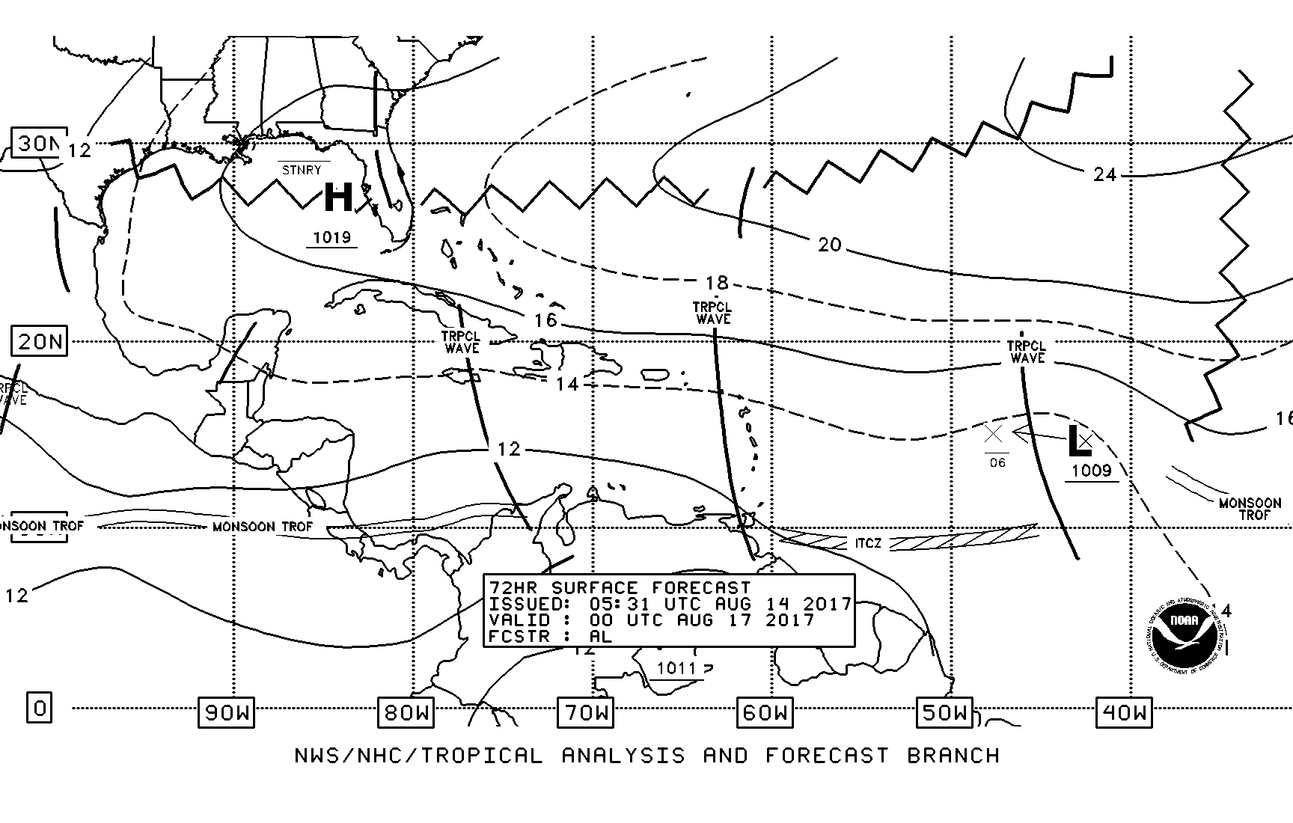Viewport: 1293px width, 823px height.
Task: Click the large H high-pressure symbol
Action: click(338, 198)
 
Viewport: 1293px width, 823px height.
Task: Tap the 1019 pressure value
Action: click(331, 238)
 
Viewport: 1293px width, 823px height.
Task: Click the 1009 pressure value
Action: click(1092, 471)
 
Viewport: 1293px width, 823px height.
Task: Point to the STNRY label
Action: click(302, 170)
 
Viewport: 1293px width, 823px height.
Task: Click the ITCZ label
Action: click(868, 542)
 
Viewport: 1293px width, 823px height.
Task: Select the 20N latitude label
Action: click(39, 342)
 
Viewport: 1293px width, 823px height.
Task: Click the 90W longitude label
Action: click(226, 712)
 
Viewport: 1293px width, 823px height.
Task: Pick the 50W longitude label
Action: click(944, 712)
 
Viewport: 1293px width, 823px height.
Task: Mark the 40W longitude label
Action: click(1124, 712)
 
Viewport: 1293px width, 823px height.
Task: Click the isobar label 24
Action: click(1104, 174)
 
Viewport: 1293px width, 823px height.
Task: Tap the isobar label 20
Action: click(829, 245)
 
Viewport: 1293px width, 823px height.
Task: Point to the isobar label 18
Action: click(717, 283)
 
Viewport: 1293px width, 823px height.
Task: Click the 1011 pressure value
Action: click(676, 668)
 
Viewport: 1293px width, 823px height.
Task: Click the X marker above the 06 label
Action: click(993, 433)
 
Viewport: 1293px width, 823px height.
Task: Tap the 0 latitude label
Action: click(40, 707)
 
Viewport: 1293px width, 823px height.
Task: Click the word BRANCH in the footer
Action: click(953, 756)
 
